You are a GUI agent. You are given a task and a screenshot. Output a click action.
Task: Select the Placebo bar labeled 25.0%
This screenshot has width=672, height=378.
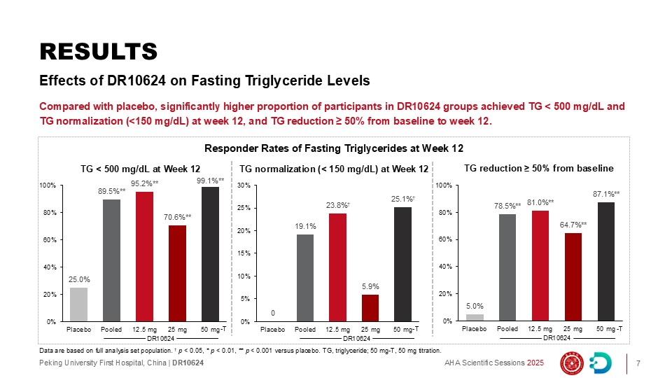click(79, 304)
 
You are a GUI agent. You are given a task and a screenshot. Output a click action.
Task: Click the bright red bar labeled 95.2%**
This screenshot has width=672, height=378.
click(145, 257)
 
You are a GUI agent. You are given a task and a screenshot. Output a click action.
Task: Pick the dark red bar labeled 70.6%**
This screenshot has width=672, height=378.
click(178, 274)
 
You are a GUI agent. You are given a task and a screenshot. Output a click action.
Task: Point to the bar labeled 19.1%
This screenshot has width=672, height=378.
click(305, 278)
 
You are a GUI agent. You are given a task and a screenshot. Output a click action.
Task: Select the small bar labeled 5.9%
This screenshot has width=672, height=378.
click(371, 308)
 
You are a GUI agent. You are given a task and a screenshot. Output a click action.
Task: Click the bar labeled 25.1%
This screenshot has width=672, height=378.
click(403, 265)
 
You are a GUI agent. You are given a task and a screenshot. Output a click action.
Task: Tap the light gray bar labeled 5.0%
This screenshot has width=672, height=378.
click(475, 318)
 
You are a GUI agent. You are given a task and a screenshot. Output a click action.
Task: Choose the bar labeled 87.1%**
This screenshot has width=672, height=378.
click(605, 262)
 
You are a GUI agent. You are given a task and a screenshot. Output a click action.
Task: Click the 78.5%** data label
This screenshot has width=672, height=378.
click(507, 206)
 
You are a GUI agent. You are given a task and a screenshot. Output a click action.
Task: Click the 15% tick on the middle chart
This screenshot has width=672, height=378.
click(244, 253)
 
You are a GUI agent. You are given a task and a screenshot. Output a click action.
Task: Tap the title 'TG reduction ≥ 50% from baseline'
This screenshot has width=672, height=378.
click(538, 168)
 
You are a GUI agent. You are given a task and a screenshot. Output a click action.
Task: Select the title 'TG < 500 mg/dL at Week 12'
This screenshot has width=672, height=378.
click(141, 169)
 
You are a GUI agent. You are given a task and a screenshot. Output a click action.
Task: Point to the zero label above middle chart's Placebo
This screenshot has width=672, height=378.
click(273, 313)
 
